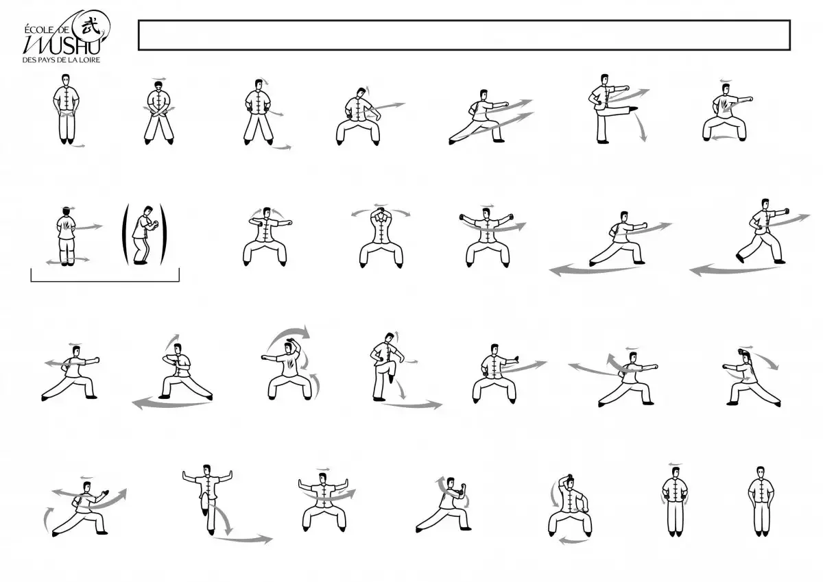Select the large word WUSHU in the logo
[x=61, y=45]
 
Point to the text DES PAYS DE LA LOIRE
[x=61, y=60]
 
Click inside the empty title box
[x=464, y=35]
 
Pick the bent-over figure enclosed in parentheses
[x=144, y=234]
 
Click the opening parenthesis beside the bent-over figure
[x=126, y=234]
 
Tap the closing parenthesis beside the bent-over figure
[x=163, y=234]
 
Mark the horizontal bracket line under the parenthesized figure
[x=105, y=281]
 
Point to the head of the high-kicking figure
[x=604, y=80]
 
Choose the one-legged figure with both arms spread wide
[x=208, y=499]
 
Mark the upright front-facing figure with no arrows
[x=761, y=502]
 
